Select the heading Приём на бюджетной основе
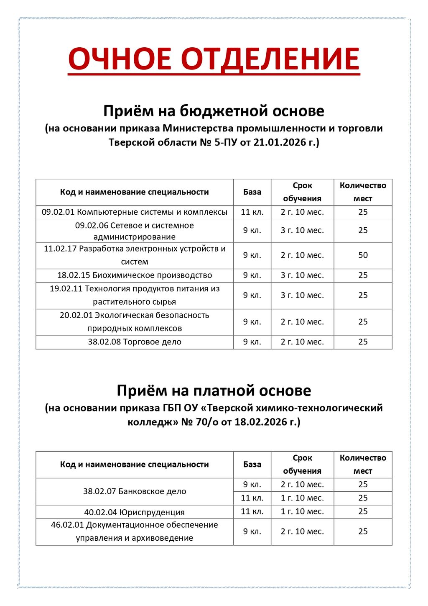214,111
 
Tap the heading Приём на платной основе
214,390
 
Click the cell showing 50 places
363,255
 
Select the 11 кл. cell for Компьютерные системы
252,212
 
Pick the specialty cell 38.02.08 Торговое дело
135,342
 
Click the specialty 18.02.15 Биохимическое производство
135,275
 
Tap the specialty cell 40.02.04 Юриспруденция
135,512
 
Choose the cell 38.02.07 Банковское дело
135,491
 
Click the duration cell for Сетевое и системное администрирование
302,231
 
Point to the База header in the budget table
252,192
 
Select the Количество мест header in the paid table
363,464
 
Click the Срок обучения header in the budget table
302,192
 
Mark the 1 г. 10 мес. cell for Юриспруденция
302,511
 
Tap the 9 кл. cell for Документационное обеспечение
252,532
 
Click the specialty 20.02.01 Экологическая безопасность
135,322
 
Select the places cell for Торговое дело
363,342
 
